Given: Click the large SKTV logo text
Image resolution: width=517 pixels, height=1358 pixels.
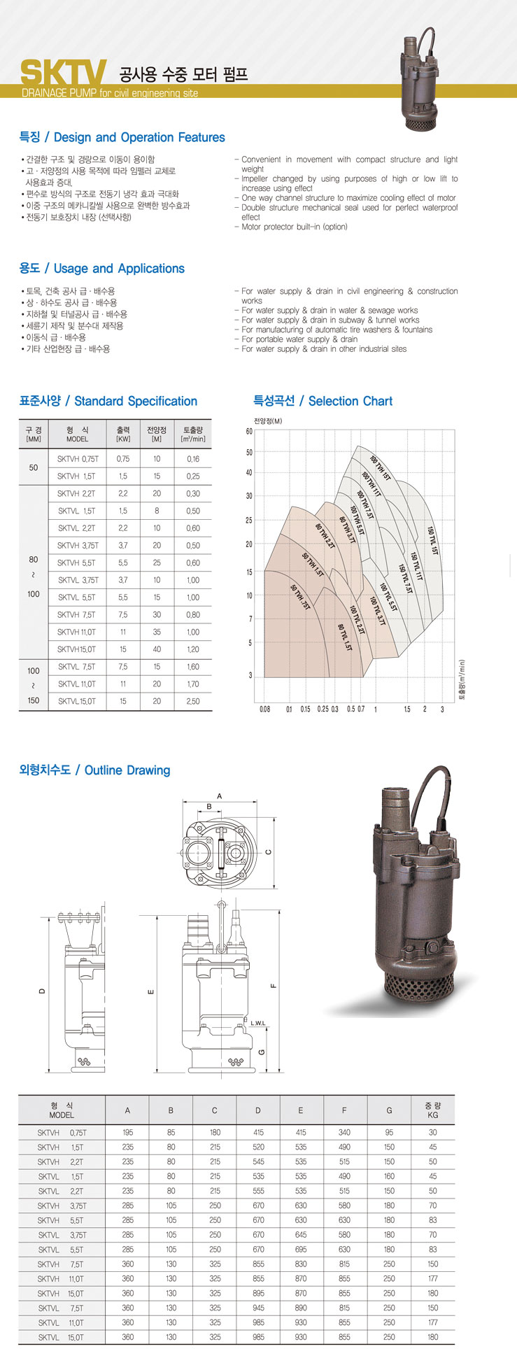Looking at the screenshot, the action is click(x=63, y=72).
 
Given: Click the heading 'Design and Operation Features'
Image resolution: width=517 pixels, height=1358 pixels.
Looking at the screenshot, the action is click(x=139, y=138).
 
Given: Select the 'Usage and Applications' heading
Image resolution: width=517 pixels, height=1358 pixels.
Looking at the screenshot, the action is click(x=119, y=269).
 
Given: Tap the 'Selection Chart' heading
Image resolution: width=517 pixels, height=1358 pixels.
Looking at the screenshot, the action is click(x=350, y=401).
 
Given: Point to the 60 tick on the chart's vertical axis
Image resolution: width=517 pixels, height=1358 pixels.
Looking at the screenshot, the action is click(x=249, y=432).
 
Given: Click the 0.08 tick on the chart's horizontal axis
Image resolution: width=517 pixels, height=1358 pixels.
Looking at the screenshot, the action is click(x=264, y=709).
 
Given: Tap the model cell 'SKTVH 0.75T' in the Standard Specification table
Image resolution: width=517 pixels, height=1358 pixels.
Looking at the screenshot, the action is click(x=78, y=459).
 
